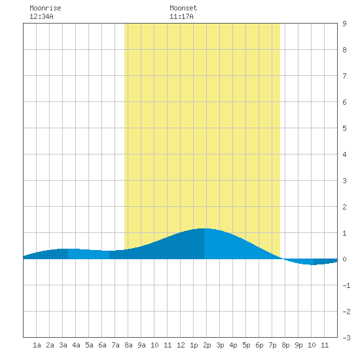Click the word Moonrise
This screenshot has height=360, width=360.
click(x=45, y=8)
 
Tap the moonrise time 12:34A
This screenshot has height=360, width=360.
click(x=41, y=16)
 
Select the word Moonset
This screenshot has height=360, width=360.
click(x=183, y=8)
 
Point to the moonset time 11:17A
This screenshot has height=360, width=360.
click(x=181, y=16)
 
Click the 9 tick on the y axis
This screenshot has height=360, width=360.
click(x=344, y=24)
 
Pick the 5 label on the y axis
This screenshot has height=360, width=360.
click(x=344, y=128)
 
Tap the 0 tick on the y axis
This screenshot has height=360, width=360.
click(x=344, y=259)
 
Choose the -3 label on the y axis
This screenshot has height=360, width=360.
click(x=346, y=338)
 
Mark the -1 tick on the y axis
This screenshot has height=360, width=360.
click(x=346, y=285)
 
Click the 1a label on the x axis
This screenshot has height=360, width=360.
click(x=37, y=345)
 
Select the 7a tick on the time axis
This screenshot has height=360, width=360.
click(x=115, y=345)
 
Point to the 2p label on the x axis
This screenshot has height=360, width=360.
click(x=207, y=345)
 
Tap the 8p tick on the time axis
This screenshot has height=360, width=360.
click(x=285, y=345)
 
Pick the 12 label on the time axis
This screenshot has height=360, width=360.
click(x=181, y=345)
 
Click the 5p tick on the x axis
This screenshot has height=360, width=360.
click(x=246, y=345)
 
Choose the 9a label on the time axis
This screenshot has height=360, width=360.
click(x=141, y=345)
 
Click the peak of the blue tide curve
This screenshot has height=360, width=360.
click(x=204, y=228)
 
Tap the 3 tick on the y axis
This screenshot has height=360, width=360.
click(x=344, y=181)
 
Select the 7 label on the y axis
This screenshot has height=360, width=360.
click(x=344, y=76)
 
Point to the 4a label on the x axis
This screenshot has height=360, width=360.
click(x=76, y=345)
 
